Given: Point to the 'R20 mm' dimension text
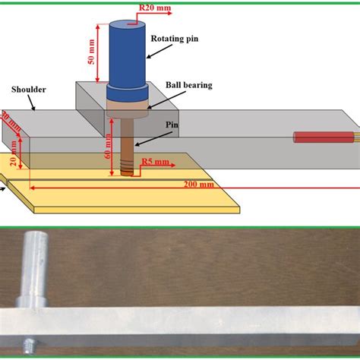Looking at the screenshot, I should point(154,8).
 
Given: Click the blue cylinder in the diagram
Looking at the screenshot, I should point(126,53).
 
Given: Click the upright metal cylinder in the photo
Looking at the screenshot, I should point(35,266).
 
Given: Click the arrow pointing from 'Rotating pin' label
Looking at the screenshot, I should point(159,50).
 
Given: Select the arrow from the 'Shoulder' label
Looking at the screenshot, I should point(31,103).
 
